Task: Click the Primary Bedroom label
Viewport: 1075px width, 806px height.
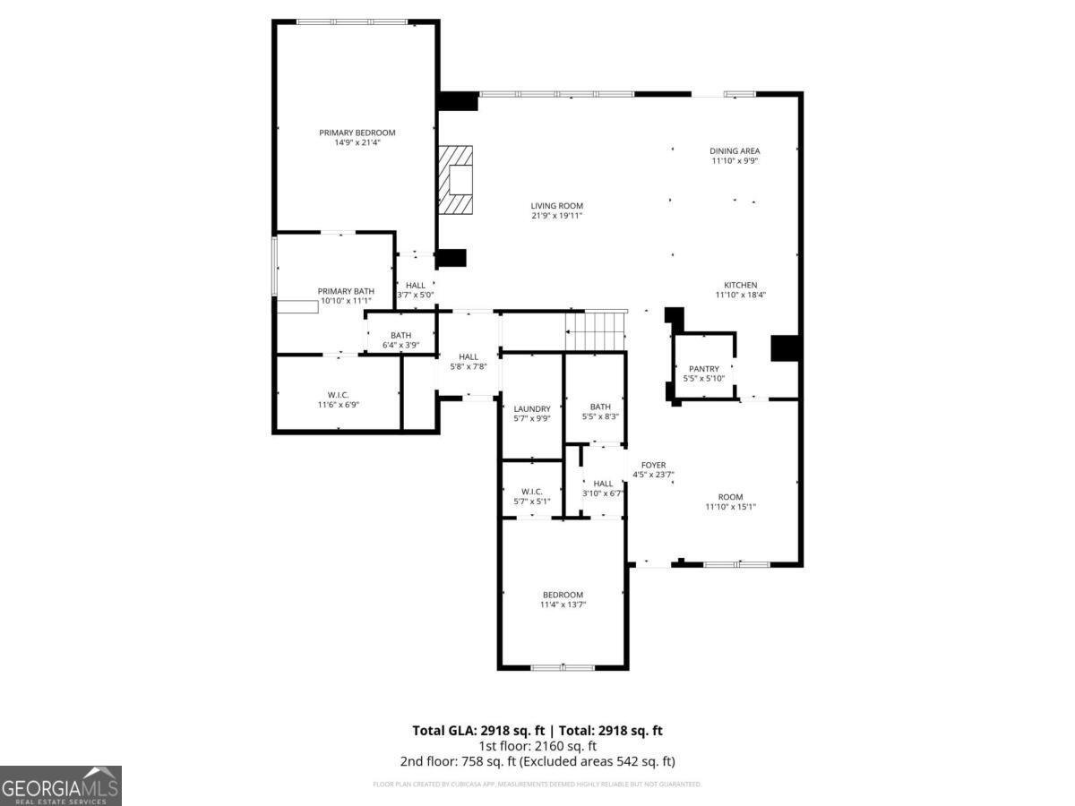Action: point(357,133)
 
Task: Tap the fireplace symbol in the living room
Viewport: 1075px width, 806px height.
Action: point(457,181)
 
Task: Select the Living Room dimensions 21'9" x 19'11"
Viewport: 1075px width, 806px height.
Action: point(556,216)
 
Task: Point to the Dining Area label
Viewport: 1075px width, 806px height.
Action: point(735,151)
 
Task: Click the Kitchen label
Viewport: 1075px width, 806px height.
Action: point(740,285)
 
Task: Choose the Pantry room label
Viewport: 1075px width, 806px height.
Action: point(703,369)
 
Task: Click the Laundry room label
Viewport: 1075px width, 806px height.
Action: point(532,408)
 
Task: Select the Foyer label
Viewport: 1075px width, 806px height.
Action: point(653,465)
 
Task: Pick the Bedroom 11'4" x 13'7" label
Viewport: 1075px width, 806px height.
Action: point(563,595)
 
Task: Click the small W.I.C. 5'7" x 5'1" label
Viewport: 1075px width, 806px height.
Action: point(532,491)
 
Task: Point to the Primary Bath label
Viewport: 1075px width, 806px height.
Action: point(345,291)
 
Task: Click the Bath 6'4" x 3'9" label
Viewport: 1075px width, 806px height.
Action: point(400,335)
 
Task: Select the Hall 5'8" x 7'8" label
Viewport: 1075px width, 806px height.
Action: point(468,356)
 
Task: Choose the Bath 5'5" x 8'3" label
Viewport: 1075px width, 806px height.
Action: point(600,407)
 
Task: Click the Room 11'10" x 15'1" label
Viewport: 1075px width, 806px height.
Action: point(730,497)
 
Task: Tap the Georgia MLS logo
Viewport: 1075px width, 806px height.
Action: point(60,785)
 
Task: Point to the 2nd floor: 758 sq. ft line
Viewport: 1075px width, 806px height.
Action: point(537,761)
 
